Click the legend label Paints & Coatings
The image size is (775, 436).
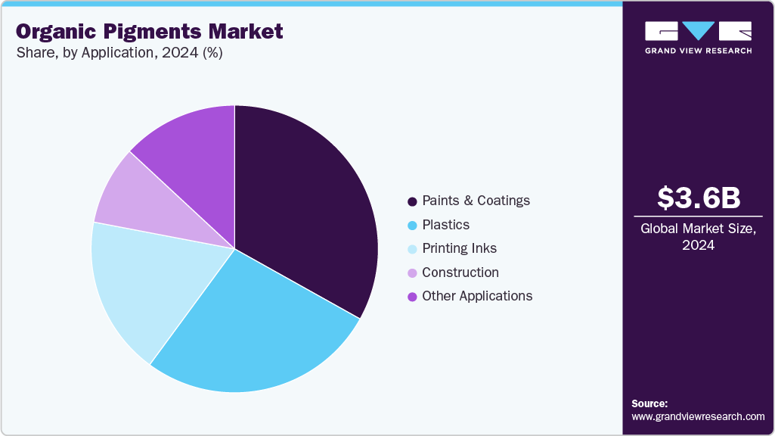(x=476, y=201)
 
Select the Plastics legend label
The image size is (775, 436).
(x=445, y=225)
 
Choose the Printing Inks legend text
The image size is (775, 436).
(x=459, y=248)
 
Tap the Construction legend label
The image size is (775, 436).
(x=460, y=272)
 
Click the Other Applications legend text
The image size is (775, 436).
(x=477, y=296)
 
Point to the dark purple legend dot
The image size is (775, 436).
(x=412, y=201)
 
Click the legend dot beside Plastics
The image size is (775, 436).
(x=412, y=226)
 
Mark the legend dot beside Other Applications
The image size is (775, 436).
(x=412, y=297)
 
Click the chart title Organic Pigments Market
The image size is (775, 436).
(x=150, y=31)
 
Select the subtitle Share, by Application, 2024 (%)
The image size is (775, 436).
(x=119, y=53)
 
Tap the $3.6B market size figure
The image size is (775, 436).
(x=698, y=198)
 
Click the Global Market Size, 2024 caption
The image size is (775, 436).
(x=698, y=236)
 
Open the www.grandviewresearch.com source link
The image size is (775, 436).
(x=698, y=416)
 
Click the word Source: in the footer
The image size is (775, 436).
(x=649, y=403)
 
